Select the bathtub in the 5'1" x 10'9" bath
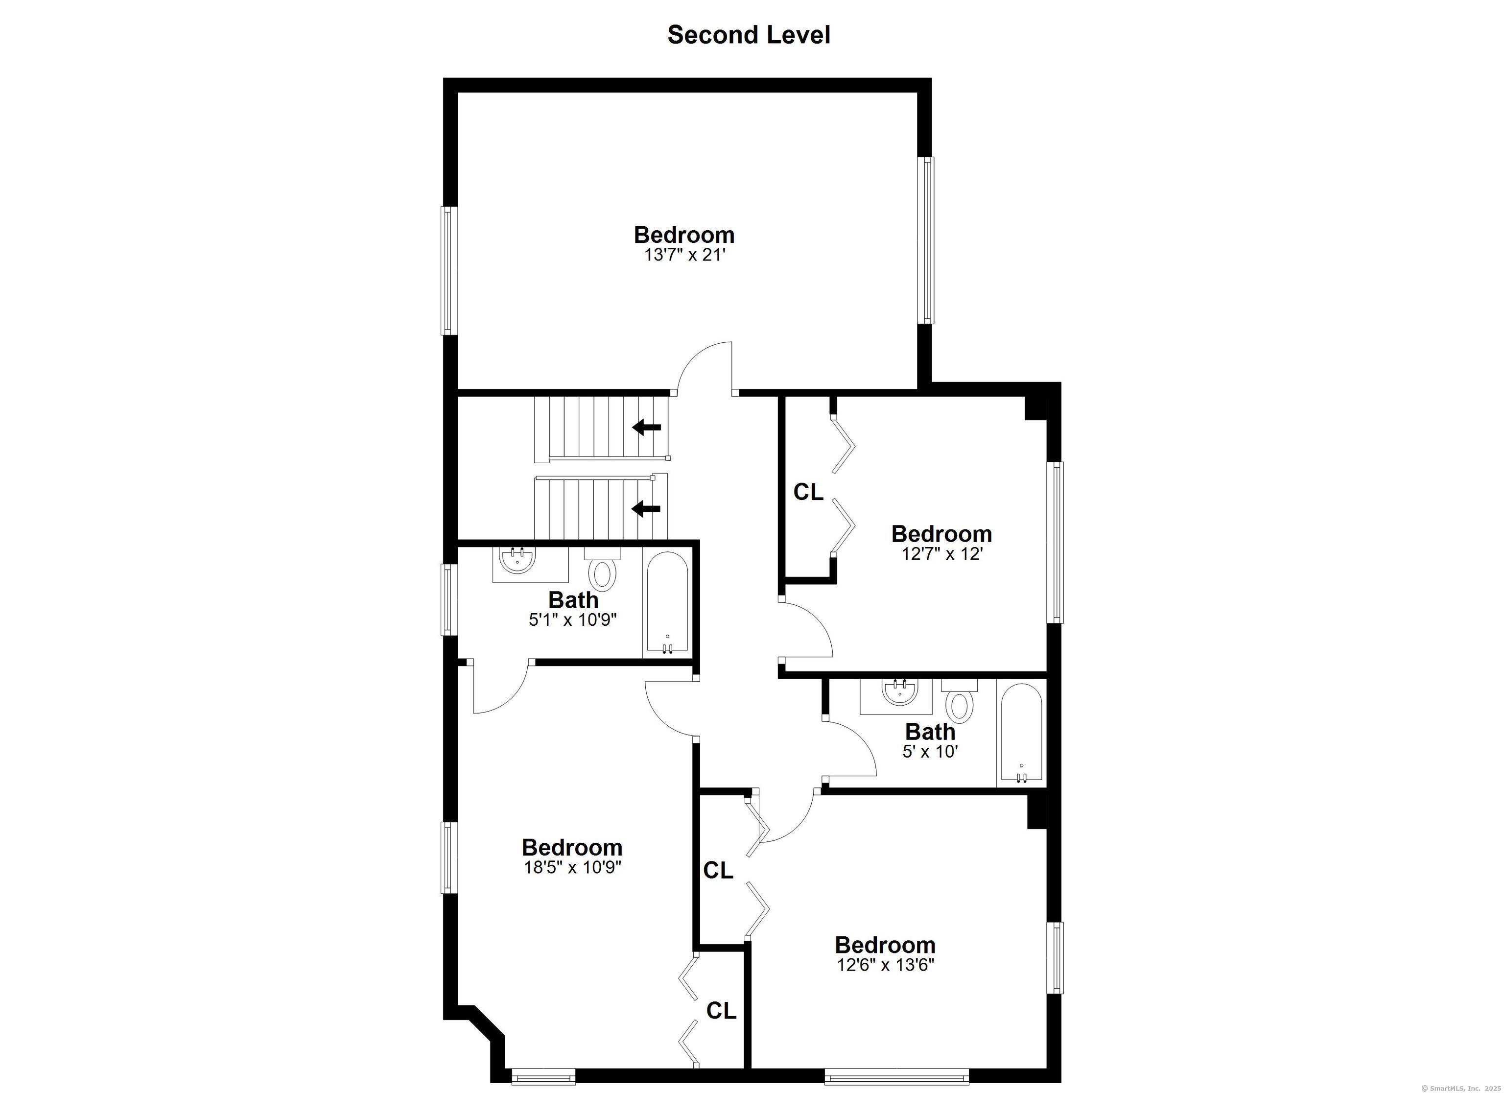point(666,604)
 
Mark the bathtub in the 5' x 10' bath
point(1021,735)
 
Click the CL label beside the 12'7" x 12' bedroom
point(808,492)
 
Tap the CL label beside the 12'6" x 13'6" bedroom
point(718,870)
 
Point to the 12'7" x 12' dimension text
point(941,553)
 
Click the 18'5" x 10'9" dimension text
point(572,867)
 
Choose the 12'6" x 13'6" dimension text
point(885,965)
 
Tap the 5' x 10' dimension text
point(930,751)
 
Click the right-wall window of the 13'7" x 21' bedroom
point(926,240)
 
